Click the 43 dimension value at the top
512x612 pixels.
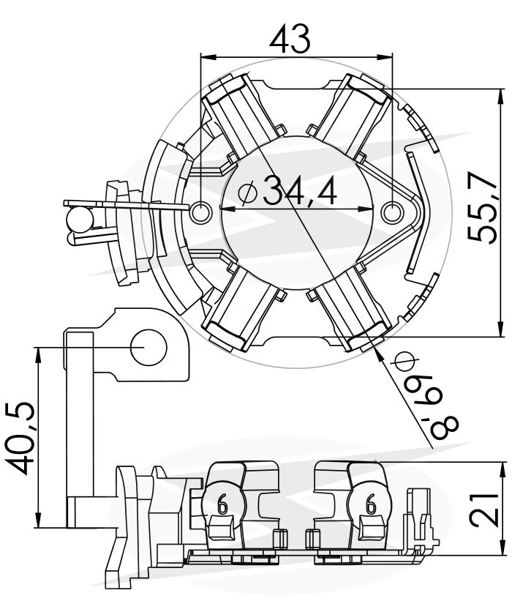coord(290,39)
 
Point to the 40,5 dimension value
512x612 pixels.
coord(20,438)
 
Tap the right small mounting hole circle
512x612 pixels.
coord(391,213)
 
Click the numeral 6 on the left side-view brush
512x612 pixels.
coord(222,504)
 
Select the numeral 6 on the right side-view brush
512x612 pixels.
coord(370,504)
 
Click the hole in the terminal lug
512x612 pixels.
coord(148,347)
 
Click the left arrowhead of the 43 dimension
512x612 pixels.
coord(208,57)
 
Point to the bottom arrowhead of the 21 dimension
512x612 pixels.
coord(500,547)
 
